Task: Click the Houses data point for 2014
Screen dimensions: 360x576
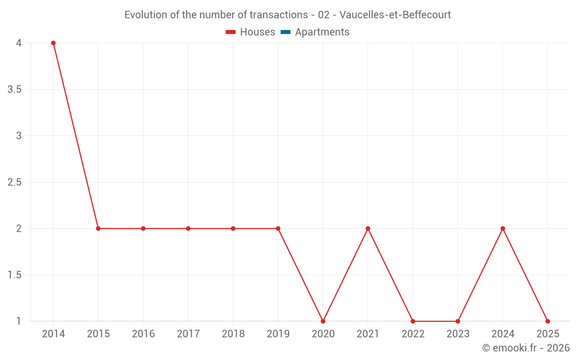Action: pyautogui.click(x=53, y=43)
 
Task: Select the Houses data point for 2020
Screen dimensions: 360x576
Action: pyautogui.click(x=323, y=321)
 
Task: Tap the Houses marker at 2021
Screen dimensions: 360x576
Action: pyautogui.click(x=368, y=229)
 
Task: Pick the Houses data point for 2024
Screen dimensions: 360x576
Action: pyautogui.click(x=503, y=229)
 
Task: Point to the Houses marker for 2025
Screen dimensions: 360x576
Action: pyautogui.click(x=548, y=321)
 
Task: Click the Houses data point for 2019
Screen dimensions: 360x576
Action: pyautogui.click(x=278, y=229)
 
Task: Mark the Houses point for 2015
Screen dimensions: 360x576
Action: pyautogui.click(x=98, y=229)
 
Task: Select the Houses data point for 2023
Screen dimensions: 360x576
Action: pyautogui.click(x=458, y=321)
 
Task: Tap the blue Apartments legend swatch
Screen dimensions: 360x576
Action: pyautogui.click(x=285, y=32)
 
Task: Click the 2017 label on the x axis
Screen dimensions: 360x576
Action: pyautogui.click(x=188, y=334)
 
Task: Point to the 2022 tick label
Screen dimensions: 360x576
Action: pyautogui.click(x=413, y=334)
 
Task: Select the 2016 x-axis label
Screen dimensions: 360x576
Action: pyautogui.click(x=143, y=334)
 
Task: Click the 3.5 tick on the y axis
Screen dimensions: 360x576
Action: pyautogui.click(x=15, y=90)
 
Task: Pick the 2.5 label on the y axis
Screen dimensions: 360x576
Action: pyautogui.click(x=15, y=183)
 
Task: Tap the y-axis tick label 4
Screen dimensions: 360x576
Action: pyautogui.click(x=19, y=43)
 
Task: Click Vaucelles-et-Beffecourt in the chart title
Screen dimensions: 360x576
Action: pyautogui.click(x=395, y=14)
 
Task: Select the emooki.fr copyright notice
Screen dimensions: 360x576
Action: pyautogui.click(x=525, y=348)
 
